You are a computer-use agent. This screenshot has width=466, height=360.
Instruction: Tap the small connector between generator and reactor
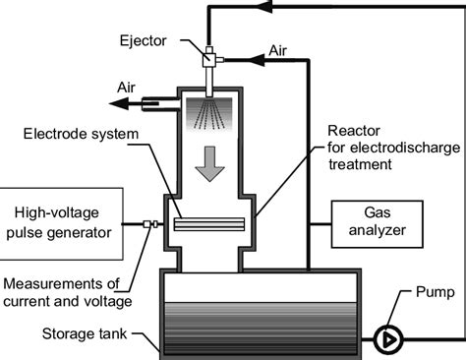pos(148,224)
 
